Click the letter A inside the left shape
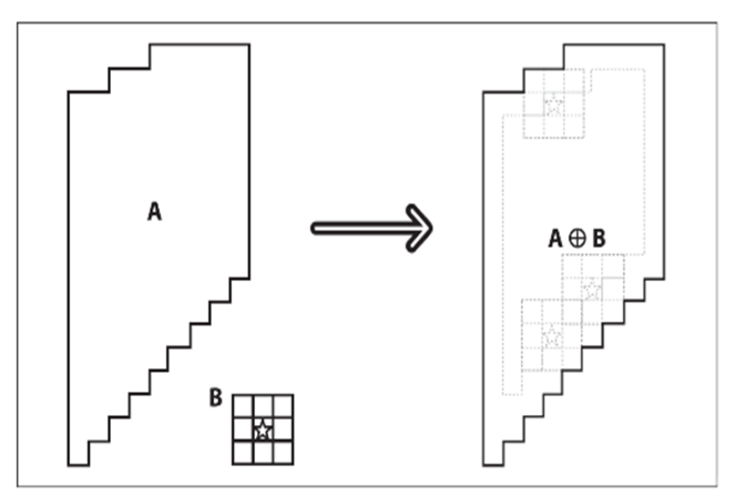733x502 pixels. [x=155, y=211]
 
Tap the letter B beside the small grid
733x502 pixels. [x=216, y=398]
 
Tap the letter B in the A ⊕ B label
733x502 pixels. [x=598, y=239]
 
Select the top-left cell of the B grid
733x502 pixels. [x=243, y=406]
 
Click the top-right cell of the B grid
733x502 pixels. [x=283, y=406]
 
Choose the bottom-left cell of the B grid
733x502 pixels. [x=243, y=453]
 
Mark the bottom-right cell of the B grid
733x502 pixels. [x=283, y=453]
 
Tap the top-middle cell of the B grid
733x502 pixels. [x=263, y=406]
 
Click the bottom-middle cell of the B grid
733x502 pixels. [x=263, y=453]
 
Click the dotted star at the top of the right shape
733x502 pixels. [x=553, y=104]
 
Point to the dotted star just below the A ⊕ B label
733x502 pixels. [x=592, y=289]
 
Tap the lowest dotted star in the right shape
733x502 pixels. [x=552, y=336]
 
